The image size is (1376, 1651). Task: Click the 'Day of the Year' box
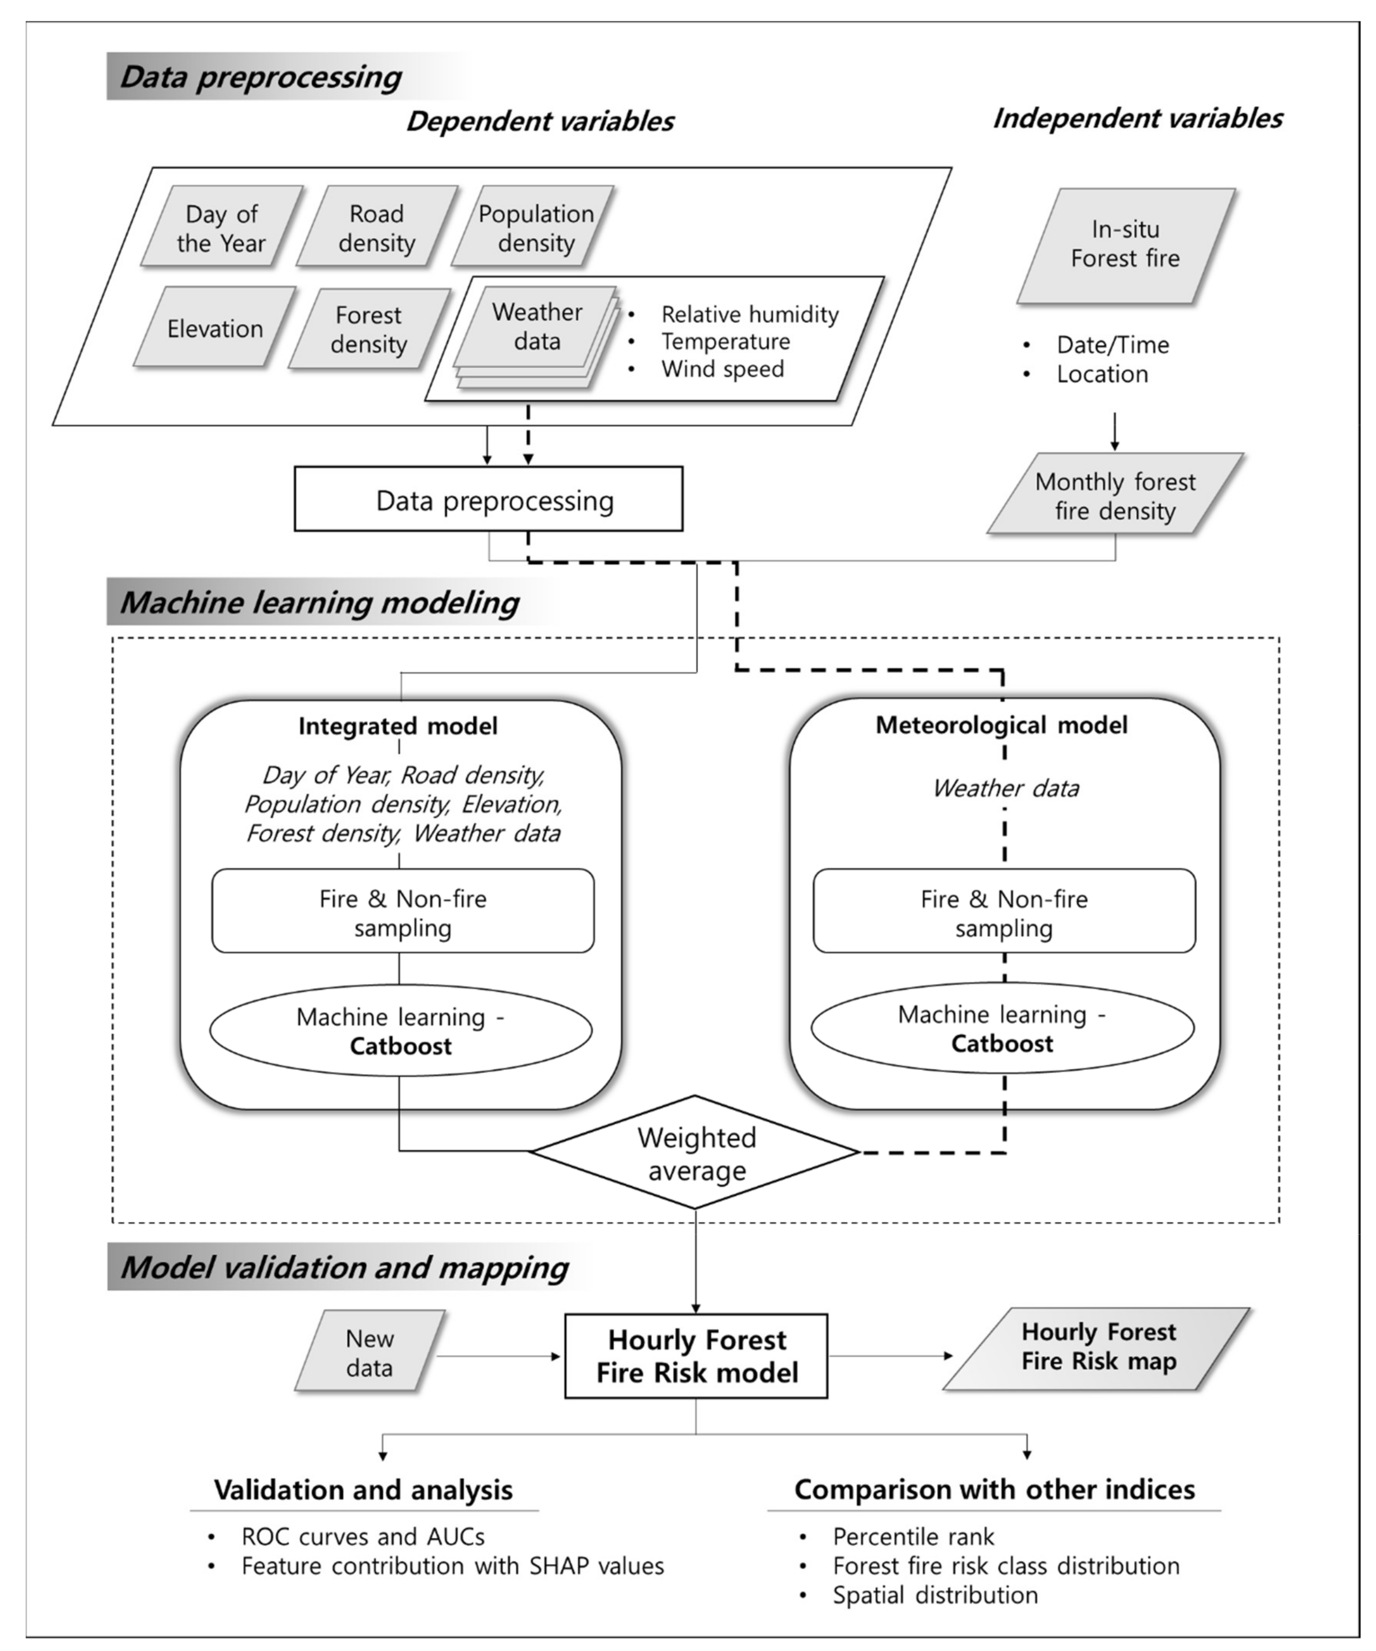coord(222,228)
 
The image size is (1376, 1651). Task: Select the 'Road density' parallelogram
coord(377,228)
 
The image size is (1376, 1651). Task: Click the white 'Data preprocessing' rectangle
coord(488,500)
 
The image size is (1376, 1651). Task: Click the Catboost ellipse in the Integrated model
coord(401,1031)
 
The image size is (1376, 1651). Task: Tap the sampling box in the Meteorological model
coord(1004,912)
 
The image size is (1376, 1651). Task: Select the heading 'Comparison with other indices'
coord(995,1490)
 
